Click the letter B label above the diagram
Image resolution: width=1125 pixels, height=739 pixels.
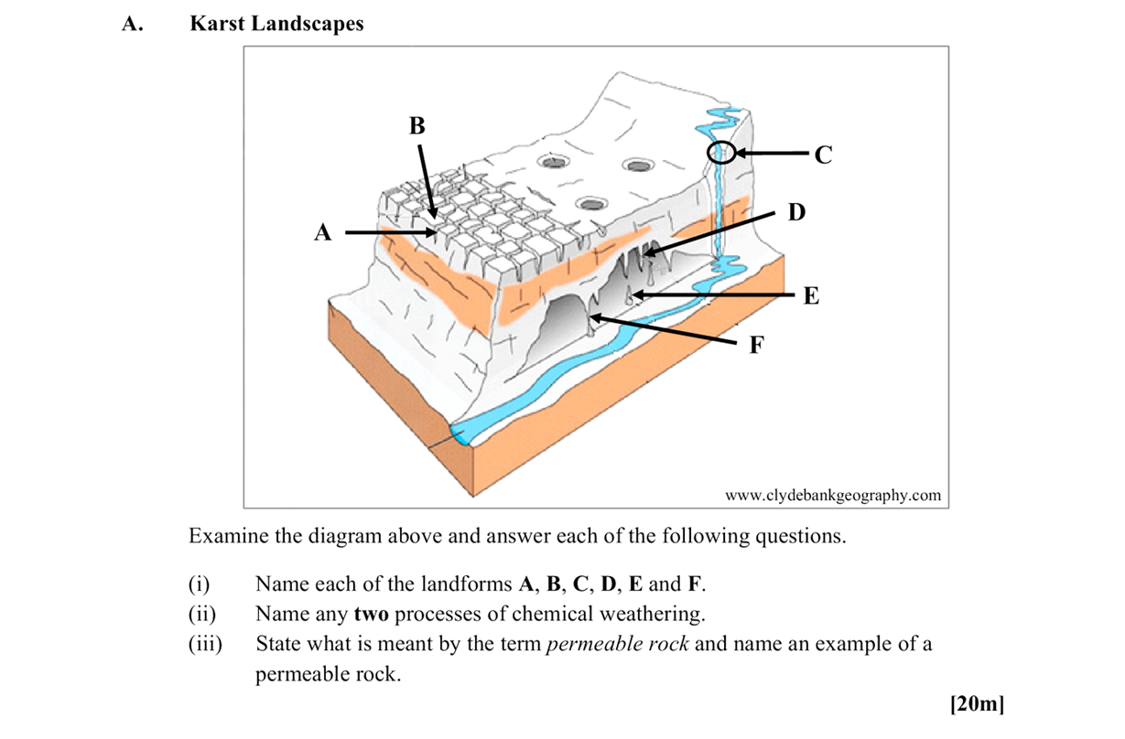click(416, 126)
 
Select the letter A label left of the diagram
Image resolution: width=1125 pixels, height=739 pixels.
click(321, 233)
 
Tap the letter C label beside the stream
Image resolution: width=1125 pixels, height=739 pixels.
click(823, 155)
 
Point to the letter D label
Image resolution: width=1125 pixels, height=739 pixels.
click(796, 212)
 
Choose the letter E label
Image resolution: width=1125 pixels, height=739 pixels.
click(810, 295)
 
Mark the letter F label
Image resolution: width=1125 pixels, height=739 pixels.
click(756, 345)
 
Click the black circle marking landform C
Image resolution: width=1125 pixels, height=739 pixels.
click(721, 152)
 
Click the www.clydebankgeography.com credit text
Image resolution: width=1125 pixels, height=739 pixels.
click(832, 495)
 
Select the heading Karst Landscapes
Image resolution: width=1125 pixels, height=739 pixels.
click(276, 25)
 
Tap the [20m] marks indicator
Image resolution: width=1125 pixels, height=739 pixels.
click(977, 704)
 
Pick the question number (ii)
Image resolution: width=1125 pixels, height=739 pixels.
click(201, 614)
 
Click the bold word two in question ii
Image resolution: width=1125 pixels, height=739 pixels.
click(372, 614)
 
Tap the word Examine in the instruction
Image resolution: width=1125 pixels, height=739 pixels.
click(225, 536)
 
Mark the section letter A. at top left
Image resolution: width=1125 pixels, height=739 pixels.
click(132, 25)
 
